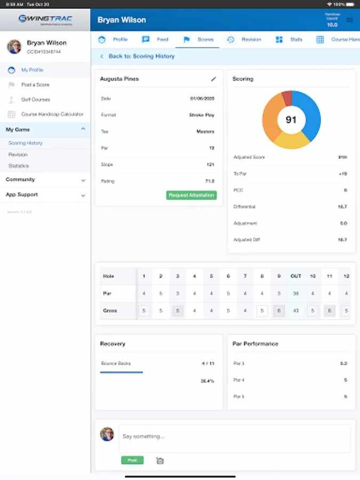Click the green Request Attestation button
pos(192,195)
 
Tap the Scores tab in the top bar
pos(199,39)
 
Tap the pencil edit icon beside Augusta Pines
pos(213,79)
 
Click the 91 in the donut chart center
pos(291,120)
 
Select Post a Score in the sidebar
pos(35,85)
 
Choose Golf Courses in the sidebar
pos(35,100)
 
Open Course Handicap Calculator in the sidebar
pos(52,114)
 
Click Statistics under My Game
pos(19,166)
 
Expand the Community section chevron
pos(83,180)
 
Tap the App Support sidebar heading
pos(22,195)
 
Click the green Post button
pos(132,460)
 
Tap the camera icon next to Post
pos(159,460)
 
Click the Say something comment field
pos(235,437)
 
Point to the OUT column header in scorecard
pos(295,276)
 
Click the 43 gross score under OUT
pos(295,310)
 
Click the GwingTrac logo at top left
pos(45,20)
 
